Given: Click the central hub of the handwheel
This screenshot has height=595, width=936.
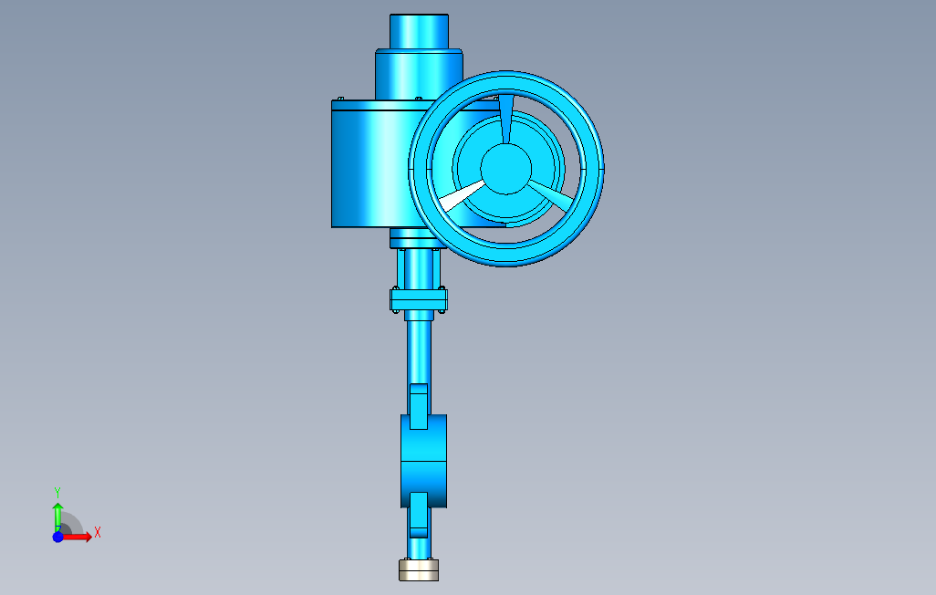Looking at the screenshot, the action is [505, 169].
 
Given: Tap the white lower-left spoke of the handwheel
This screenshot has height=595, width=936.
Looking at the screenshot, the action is [462, 195].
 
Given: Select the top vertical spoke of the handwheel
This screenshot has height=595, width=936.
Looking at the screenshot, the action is [505, 119].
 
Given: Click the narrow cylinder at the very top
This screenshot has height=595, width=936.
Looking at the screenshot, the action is [419, 32].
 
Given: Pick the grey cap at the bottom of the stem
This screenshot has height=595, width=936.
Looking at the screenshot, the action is [419, 570].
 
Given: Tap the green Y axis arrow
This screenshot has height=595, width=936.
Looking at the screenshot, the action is [57, 517].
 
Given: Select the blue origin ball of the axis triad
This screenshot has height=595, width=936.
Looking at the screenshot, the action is [57, 538].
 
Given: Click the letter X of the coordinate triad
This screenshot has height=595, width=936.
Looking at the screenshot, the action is [98, 532].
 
